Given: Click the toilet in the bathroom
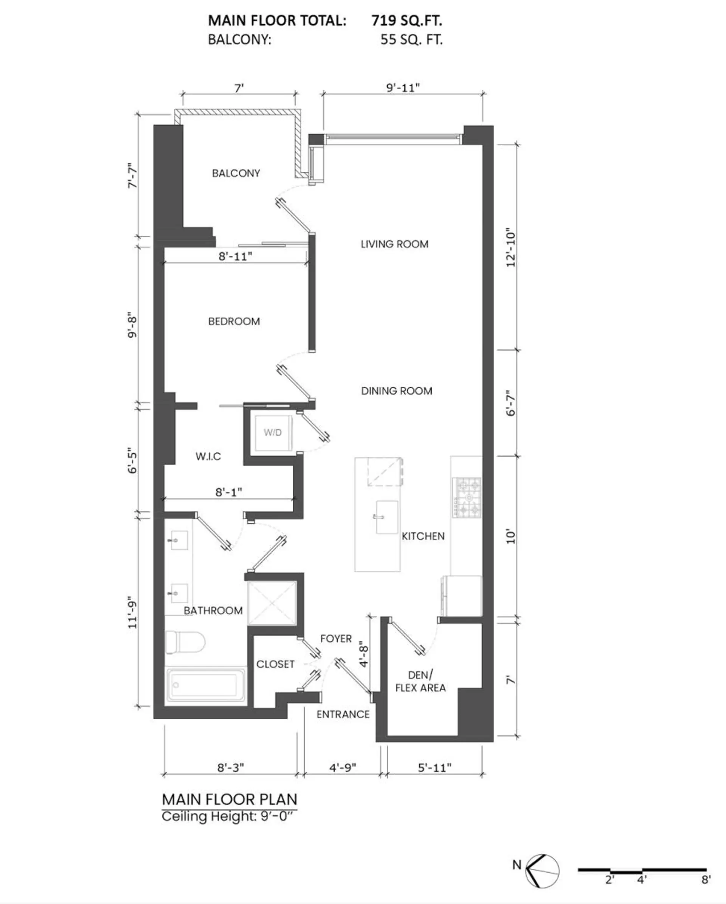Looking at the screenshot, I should click(185, 642).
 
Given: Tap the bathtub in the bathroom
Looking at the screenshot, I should click(206, 685).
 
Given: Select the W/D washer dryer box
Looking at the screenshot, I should click(273, 433).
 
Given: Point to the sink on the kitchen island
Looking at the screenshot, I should click(386, 517).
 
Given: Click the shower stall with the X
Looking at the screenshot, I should click(272, 603).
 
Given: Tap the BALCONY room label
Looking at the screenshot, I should click(236, 173).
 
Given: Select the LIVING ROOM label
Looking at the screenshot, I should click(394, 244).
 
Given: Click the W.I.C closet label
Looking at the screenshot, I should click(208, 456).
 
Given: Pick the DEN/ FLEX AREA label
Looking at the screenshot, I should click(420, 681).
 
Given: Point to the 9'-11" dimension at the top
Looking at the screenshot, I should click(402, 88).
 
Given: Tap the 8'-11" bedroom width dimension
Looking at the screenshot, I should click(235, 256).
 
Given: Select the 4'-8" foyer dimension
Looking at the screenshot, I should click(364, 654).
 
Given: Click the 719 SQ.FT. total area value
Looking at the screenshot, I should click(406, 20).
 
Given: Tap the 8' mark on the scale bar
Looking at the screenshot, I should click(706, 880).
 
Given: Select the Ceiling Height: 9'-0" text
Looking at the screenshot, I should click(229, 816).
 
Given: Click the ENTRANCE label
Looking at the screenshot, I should click(343, 715).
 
